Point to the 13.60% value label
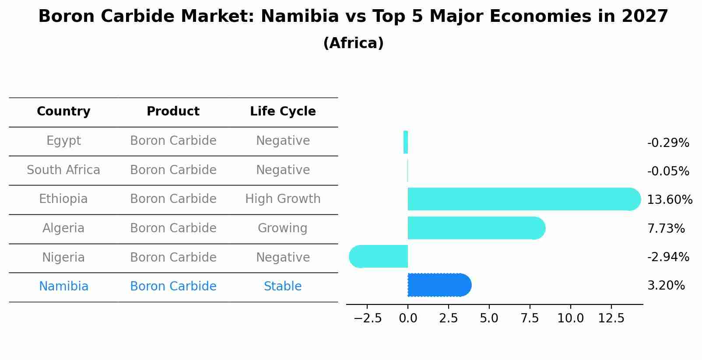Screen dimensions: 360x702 (670, 200)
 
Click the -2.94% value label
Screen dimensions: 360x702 (668, 257)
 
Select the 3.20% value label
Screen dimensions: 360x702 (666, 286)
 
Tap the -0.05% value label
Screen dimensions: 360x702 (668, 171)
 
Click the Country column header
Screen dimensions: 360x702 (63, 112)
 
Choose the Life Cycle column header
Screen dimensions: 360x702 (283, 112)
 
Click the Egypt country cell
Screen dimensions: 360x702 (63, 141)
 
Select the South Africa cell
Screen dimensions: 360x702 (63, 170)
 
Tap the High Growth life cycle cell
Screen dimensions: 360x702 (283, 199)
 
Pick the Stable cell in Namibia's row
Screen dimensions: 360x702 (283, 287)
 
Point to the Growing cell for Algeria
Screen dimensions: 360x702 (283, 228)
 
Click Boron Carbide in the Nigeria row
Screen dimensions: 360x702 (173, 258)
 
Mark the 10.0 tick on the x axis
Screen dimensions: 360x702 (570, 318)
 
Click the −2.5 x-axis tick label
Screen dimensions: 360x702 (367, 318)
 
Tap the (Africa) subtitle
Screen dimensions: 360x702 (353, 43)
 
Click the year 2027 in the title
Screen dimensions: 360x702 (645, 17)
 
